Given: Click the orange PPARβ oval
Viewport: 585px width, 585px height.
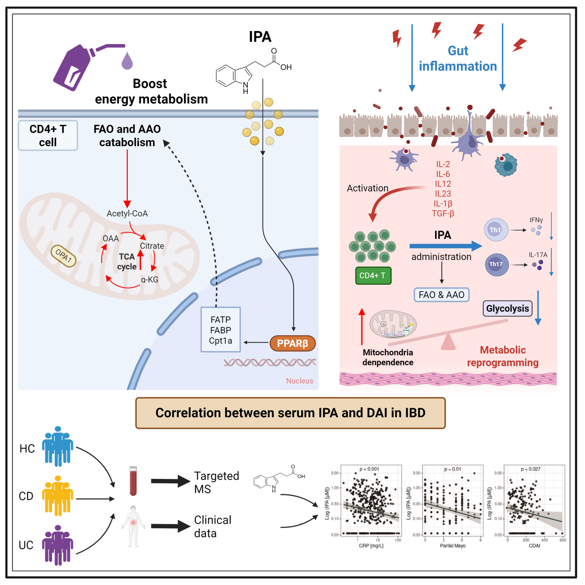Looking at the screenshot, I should point(292,344).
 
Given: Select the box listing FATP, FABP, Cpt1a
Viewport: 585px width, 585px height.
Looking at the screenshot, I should point(221,330).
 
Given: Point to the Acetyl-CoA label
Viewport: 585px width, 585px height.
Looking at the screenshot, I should point(127,213).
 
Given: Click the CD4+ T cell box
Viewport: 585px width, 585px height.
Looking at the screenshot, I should point(48,136).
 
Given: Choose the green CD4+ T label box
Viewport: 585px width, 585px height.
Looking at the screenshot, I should point(373,275).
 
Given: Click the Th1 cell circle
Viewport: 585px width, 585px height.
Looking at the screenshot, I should point(495,230).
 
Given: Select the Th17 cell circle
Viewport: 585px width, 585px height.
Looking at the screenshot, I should point(496,264).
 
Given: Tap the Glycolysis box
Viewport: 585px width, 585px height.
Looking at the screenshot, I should point(507,309).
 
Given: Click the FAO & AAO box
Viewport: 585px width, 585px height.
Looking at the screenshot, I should point(441,295).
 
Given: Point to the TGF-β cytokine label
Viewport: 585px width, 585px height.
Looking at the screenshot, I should point(443,213).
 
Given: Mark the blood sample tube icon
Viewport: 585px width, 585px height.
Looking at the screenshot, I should point(133,481).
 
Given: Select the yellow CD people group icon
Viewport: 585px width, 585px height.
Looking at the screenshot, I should point(57,496).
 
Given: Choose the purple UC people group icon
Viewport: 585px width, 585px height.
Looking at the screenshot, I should point(57,545).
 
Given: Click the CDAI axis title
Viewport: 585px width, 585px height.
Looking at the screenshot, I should point(534,546).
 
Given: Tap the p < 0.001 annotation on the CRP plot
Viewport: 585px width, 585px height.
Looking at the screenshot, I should point(369,469).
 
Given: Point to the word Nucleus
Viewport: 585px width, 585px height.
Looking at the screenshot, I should point(300,381).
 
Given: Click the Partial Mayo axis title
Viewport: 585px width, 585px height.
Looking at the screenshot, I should point(453,546).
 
